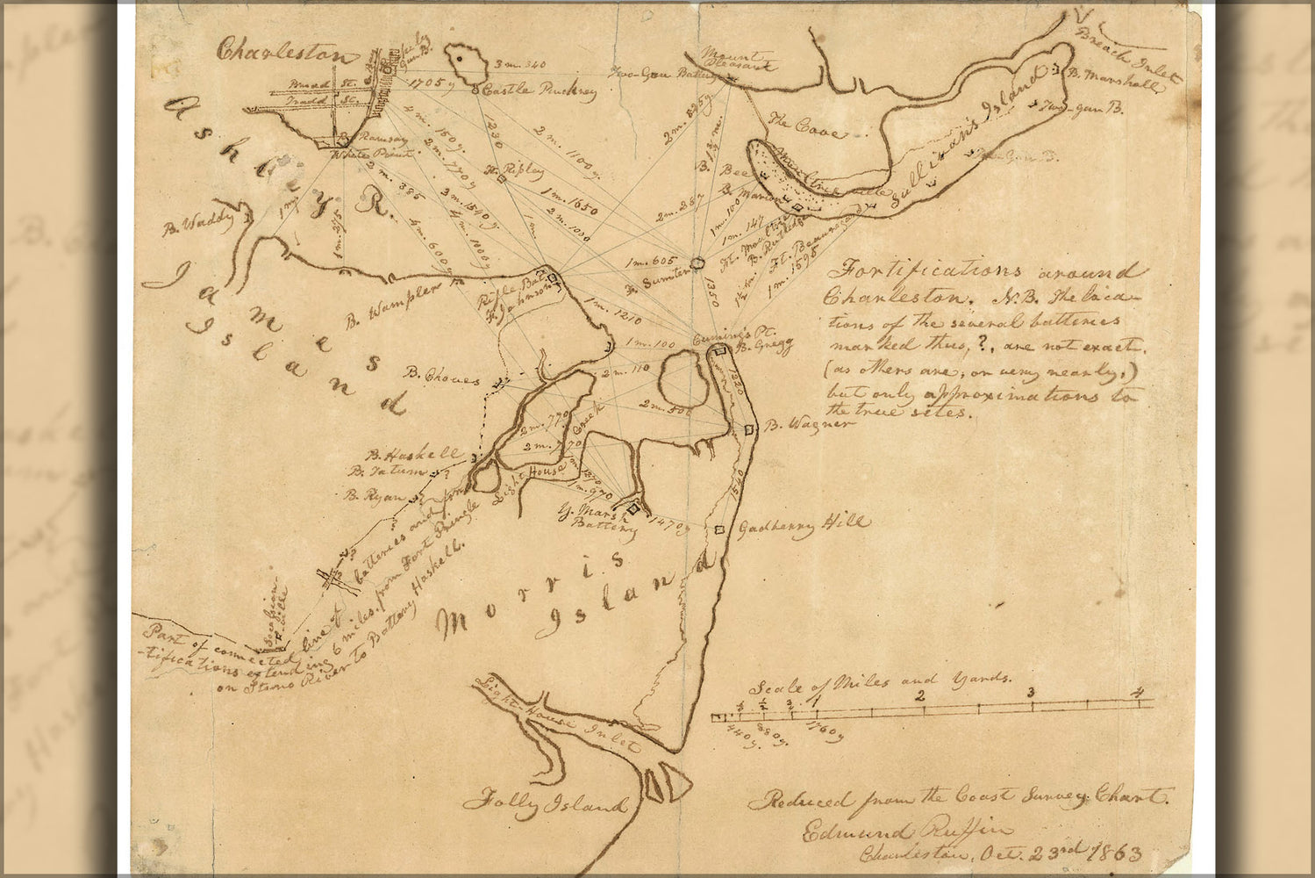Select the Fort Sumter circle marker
(x=698, y=263)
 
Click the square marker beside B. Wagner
(x=749, y=428)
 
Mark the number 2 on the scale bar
(x=920, y=694)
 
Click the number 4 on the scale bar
(x=1139, y=694)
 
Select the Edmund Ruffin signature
(x=905, y=830)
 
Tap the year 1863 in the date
(x=1116, y=851)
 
